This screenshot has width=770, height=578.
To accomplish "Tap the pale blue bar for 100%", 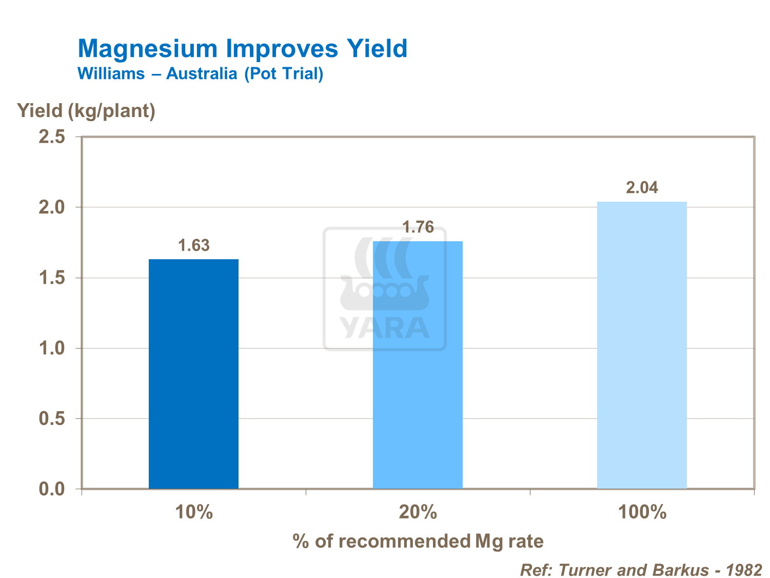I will click(x=642, y=345).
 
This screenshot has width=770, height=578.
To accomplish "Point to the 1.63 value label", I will click(x=194, y=245).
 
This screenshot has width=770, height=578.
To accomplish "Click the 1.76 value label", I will click(x=418, y=227).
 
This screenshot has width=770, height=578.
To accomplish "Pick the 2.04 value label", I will click(x=642, y=187).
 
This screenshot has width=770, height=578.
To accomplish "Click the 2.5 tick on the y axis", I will click(x=52, y=137).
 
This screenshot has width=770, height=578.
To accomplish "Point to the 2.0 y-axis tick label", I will click(x=52, y=207).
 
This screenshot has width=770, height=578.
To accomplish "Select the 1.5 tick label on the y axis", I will click(x=52, y=278).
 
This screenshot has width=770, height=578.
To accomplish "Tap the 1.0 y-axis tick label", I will click(x=52, y=349).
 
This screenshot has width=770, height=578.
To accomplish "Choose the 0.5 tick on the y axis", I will click(x=52, y=419).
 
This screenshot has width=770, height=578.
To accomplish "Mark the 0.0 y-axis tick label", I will click(x=52, y=489).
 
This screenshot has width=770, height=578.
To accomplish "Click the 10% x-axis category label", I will click(x=194, y=512).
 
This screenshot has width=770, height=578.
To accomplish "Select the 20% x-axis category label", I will click(x=418, y=512).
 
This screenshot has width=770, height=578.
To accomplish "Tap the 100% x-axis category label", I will click(x=642, y=512).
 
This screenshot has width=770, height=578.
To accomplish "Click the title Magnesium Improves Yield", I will click(x=243, y=49).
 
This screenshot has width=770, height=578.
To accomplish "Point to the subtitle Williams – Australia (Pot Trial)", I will click(x=201, y=74).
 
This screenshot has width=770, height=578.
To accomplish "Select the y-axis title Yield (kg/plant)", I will click(x=86, y=110).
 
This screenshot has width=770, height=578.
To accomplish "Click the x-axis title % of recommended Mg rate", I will click(x=418, y=541).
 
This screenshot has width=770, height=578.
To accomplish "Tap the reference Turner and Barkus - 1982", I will click(x=641, y=570).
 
